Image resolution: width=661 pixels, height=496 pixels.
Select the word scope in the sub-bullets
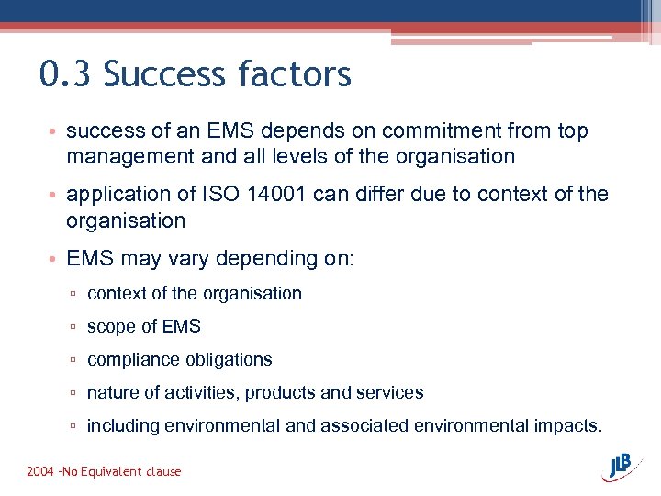[110, 327]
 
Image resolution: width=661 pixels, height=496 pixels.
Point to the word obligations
[229, 360]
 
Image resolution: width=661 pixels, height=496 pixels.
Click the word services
[389, 393]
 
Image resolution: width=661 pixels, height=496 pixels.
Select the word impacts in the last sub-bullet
[568, 426]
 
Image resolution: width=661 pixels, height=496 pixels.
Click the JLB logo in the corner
[623, 466]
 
